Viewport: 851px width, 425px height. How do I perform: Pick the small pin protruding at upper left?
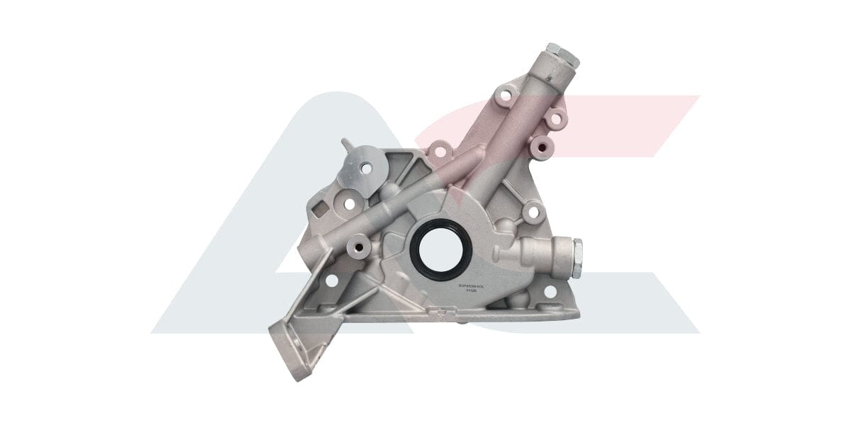(x=345, y=143)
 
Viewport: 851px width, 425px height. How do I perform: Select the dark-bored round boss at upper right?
(x=545, y=146)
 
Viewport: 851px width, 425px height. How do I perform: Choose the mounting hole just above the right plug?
(x=534, y=211)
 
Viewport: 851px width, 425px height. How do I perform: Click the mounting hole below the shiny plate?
(x=349, y=203)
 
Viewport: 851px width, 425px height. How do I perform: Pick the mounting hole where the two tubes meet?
(x=440, y=151)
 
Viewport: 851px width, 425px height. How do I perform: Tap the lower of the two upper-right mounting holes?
(x=555, y=118)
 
